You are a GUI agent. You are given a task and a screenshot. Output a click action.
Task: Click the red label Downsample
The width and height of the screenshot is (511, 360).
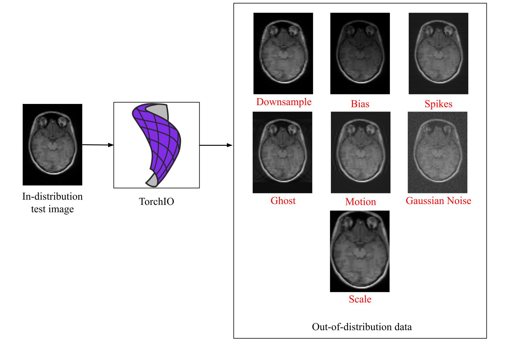click(284, 102)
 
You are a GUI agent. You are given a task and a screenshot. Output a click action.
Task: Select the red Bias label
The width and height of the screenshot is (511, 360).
click(360, 104)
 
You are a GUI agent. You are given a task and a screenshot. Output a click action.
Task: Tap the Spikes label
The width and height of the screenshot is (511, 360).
click(438, 104)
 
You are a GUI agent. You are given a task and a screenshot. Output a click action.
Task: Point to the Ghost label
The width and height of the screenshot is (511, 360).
click(283, 201)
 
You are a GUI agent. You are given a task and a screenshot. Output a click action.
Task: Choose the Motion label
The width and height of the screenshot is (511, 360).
click(360, 202)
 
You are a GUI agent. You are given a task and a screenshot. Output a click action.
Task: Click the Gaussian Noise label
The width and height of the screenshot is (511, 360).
click(438, 201)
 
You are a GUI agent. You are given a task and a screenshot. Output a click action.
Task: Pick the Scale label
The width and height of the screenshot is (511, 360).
click(360, 299)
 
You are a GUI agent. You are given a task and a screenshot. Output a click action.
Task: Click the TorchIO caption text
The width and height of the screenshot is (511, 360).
click(157, 202)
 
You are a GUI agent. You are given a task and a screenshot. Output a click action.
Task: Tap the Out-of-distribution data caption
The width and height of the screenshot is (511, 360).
click(362, 327)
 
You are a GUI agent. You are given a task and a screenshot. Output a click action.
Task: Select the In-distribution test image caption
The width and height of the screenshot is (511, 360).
click(52, 203)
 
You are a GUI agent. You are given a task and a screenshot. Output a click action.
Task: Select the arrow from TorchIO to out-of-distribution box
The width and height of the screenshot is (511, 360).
click(216, 145)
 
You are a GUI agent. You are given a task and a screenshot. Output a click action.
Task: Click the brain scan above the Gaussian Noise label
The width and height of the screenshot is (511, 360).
click(437, 152)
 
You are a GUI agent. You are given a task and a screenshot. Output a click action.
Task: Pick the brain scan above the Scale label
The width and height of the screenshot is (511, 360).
click(360, 251)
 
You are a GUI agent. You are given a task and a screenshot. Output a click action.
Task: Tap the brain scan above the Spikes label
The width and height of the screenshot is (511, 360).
click(438, 53)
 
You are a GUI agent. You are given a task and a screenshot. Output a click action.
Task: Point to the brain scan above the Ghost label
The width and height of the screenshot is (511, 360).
click(282, 152)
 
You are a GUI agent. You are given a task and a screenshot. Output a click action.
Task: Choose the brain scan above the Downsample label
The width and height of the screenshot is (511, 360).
click(283, 53)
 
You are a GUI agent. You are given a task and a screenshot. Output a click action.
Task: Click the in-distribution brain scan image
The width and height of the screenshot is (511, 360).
click(52, 145)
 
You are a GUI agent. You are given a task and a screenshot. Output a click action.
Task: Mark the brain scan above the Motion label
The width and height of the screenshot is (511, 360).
click(360, 152)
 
